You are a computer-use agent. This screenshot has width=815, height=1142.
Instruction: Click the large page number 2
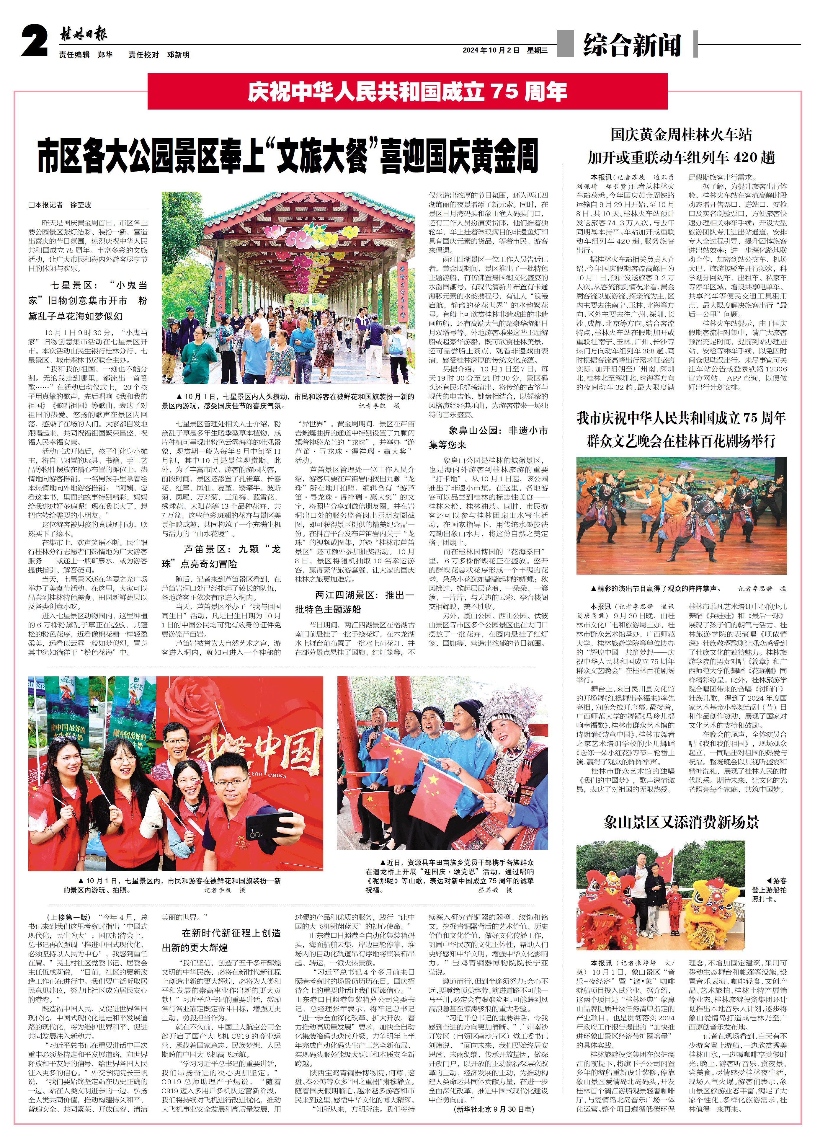click(34, 42)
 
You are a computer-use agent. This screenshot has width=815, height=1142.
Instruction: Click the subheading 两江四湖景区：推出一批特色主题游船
click(354, 602)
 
